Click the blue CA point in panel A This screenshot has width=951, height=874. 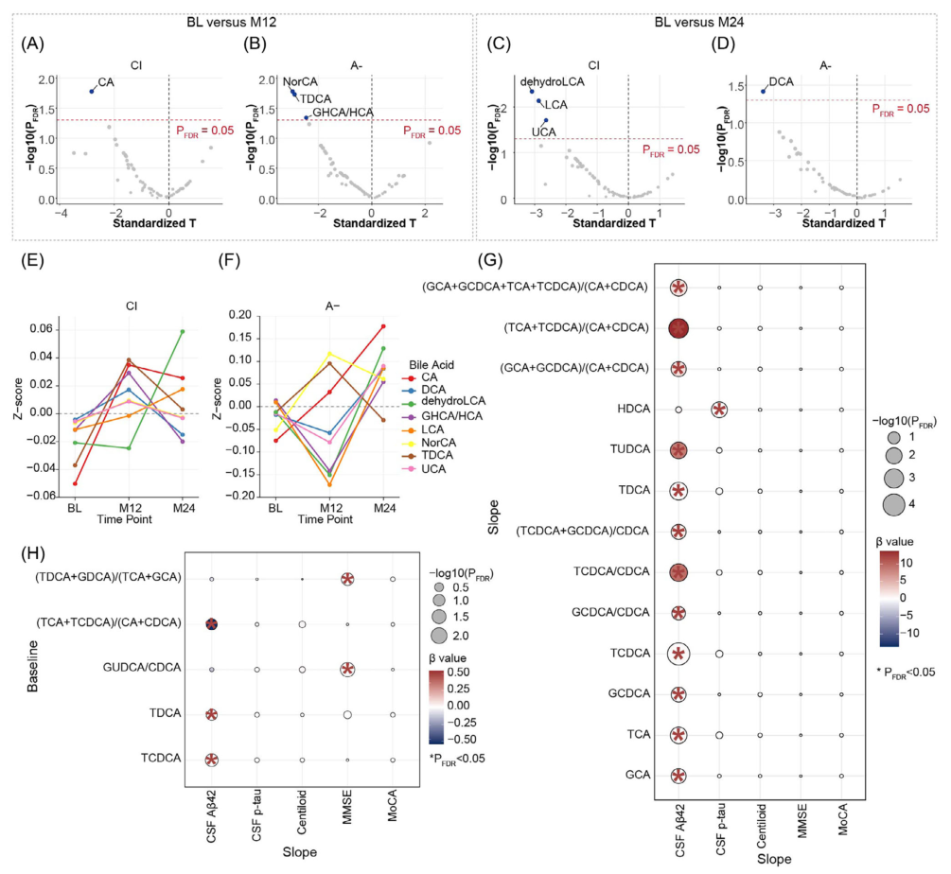92,92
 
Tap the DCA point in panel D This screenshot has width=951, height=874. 764,91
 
